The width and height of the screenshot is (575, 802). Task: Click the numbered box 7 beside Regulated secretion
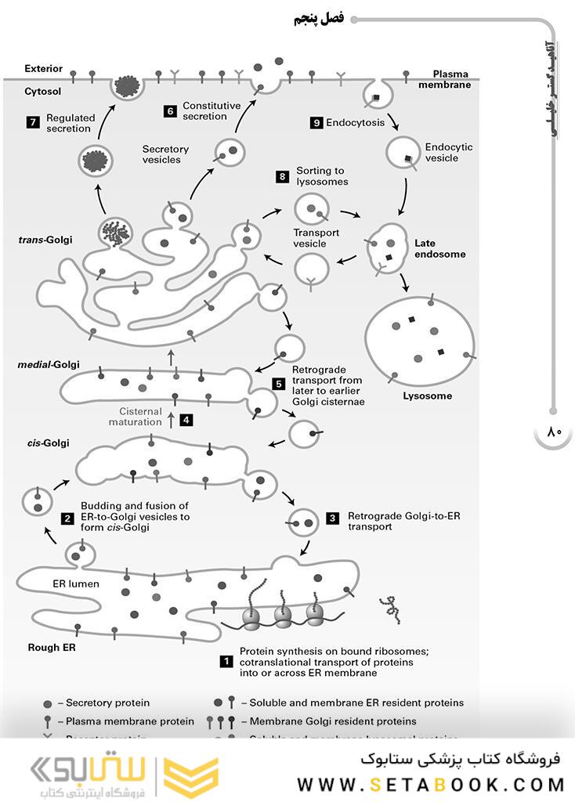[x=32, y=121]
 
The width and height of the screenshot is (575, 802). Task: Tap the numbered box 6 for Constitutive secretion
[x=169, y=110]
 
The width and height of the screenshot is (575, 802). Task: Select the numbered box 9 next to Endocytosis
[x=316, y=122]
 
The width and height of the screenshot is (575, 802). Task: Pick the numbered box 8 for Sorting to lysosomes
[x=282, y=175]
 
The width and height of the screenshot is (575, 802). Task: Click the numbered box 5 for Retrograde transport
[x=278, y=384]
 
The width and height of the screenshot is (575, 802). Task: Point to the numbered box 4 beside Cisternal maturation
[x=186, y=419]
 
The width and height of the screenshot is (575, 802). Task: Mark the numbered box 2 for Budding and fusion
[x=67, y=518]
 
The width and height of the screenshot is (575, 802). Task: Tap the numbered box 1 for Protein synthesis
[x=226, y=661]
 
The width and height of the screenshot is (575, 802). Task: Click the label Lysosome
[x=427, y=396]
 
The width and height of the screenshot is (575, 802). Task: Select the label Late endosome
[x=439, y=248]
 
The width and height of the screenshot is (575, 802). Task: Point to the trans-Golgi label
[x=45, y=240]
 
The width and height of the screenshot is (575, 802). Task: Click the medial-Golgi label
[x=48, y=365]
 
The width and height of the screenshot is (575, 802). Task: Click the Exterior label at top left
[x=43, y=69]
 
